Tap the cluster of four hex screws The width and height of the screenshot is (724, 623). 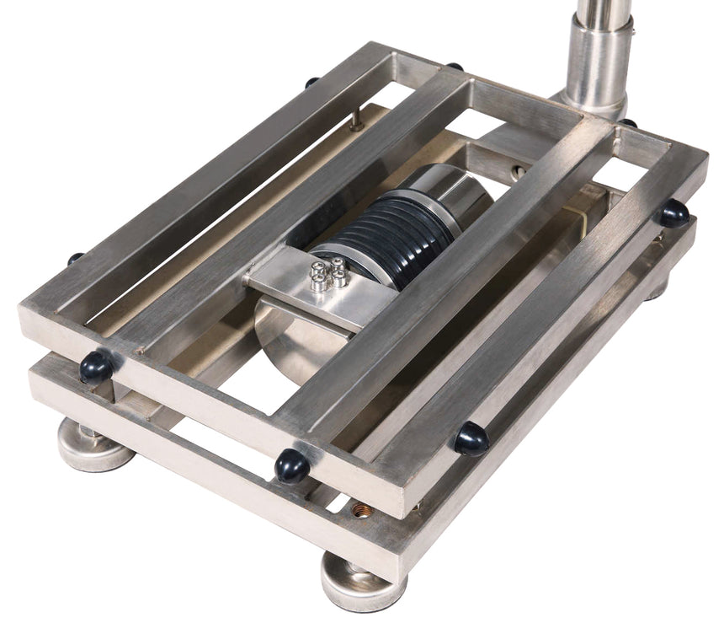327,275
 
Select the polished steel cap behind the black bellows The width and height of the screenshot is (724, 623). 455,189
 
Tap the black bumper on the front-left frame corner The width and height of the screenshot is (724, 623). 95,368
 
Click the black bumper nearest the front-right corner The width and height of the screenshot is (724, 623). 468,438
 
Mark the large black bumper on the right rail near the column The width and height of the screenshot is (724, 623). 673,212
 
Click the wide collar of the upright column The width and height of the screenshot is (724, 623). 599,59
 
